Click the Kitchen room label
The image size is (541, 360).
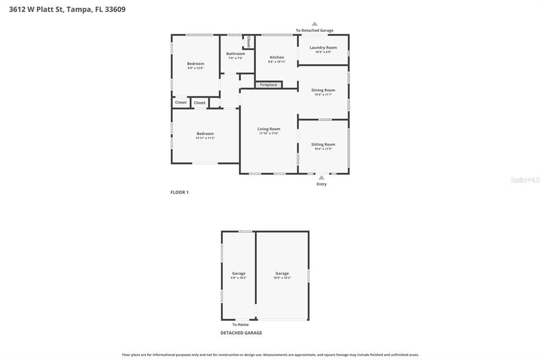[277, 58]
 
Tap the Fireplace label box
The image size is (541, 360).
[268, 85]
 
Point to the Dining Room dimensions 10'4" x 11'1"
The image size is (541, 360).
[323, 94]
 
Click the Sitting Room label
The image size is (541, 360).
[323, 144]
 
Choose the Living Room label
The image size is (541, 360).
[269, 129]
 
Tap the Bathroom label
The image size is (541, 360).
[236, 53]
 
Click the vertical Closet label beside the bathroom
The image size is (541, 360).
[248, 42]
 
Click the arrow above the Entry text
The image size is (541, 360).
[321, 178]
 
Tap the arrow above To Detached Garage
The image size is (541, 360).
[314, 24]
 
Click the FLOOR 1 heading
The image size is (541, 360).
[179, 192]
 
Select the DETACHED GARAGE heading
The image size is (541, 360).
[241, 333]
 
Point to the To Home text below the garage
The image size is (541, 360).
[240, 325]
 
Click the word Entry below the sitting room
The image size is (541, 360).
[321, 184]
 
